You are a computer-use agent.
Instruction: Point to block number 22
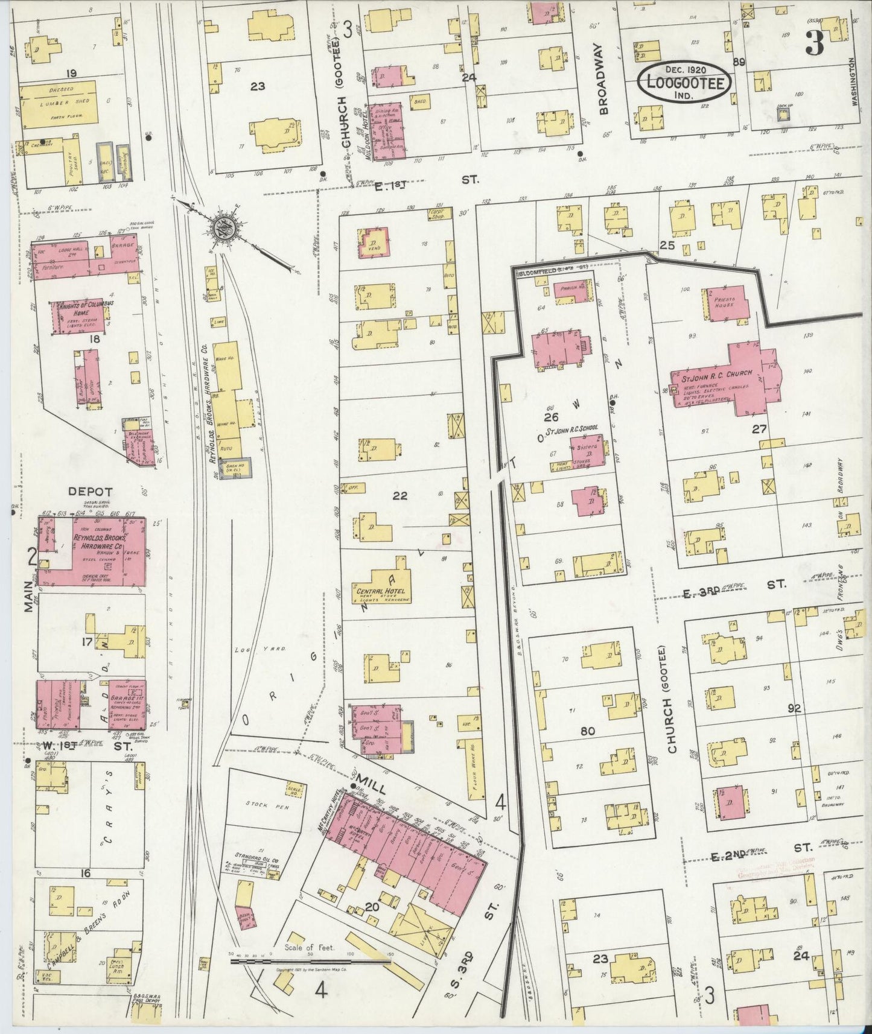point(399,496)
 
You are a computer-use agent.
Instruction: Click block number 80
point(587,731)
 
